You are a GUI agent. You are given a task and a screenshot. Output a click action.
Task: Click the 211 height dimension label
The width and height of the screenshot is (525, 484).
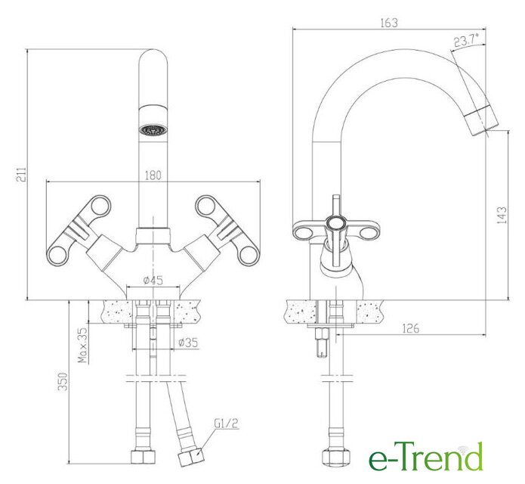[x=20, y=174]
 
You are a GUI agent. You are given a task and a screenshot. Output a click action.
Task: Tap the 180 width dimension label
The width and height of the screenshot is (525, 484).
[x=153, y=175]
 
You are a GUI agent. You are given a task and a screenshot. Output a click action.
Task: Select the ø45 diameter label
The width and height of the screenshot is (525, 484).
[x=153, y=280]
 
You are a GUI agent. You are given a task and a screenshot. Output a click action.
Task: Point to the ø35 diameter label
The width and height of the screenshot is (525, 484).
[x=188, y=343]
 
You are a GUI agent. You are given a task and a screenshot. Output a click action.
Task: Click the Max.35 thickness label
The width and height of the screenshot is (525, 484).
[x=82, y=345]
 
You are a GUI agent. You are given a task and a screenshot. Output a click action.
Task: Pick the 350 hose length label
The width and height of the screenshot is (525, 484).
[x=63, y=381]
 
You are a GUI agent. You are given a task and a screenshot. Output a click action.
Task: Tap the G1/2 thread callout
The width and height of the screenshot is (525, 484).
[x=226, y=423]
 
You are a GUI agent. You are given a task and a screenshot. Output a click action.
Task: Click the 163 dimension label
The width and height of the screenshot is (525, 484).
[x=389, y=23]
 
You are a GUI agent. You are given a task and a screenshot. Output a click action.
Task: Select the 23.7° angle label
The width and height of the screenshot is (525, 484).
[x=466, y=41]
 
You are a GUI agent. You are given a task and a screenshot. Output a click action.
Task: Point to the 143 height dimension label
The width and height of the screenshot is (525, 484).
[x=502, y=215]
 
